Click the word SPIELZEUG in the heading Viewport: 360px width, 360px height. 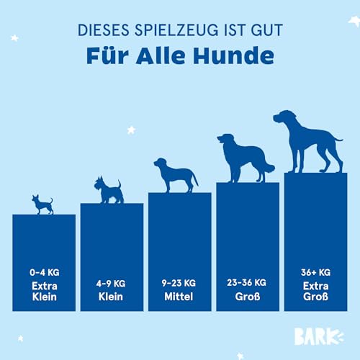coord(176,30)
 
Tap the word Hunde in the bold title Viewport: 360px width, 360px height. coord(233,55)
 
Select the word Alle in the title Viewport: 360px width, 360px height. coord(161,55)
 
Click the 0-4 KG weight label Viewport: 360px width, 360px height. coord(45,272)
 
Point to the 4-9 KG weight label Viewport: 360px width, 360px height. coord(111,284)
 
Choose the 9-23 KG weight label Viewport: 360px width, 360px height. coord(179,283)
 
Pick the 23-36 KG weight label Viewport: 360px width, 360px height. coord(247,283)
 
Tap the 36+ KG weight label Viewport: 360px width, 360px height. coord(315,272)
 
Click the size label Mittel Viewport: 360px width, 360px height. coord(179,297)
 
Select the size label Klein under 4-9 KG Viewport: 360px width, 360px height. coord(111,297)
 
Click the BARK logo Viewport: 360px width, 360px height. coord(319,336)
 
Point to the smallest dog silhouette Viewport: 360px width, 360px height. coord(42,204)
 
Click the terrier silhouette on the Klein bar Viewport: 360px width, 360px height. coord(109,190)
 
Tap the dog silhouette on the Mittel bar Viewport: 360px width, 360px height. coord(176,175)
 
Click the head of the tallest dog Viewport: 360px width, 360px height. coord(285,117)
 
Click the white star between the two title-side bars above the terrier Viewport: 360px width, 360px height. coord(131,130)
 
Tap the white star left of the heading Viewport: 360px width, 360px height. coord(14,38)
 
